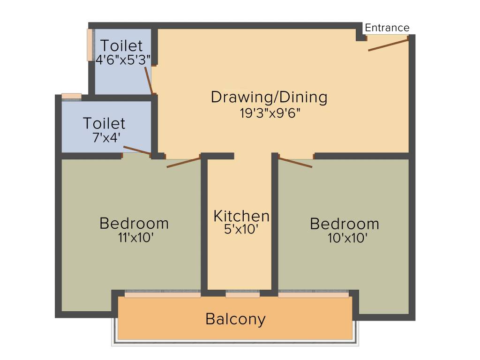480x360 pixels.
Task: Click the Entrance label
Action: [387, 28]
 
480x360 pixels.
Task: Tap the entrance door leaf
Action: [389, 45]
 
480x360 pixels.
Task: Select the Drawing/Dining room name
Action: [269, 97]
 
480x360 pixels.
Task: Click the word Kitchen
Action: [241, 216]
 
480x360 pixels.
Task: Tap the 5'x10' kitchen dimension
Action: [241, 229]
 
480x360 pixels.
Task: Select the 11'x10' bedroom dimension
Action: [136, 238]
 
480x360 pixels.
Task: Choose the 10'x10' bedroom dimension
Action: [347, 238]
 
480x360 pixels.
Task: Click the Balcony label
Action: [235, 319]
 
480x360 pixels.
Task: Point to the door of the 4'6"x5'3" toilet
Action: [148, 80]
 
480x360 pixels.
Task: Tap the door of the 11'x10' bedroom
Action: [184, 162]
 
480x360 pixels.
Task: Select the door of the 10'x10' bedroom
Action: [295, 162]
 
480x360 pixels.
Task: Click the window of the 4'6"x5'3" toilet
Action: [90, 45]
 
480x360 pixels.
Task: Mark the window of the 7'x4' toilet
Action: [71, 96]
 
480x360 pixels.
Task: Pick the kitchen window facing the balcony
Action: [242, 294]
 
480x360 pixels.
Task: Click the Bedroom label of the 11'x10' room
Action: [134, 223]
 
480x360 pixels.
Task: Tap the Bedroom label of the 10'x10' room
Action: [345, 224]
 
